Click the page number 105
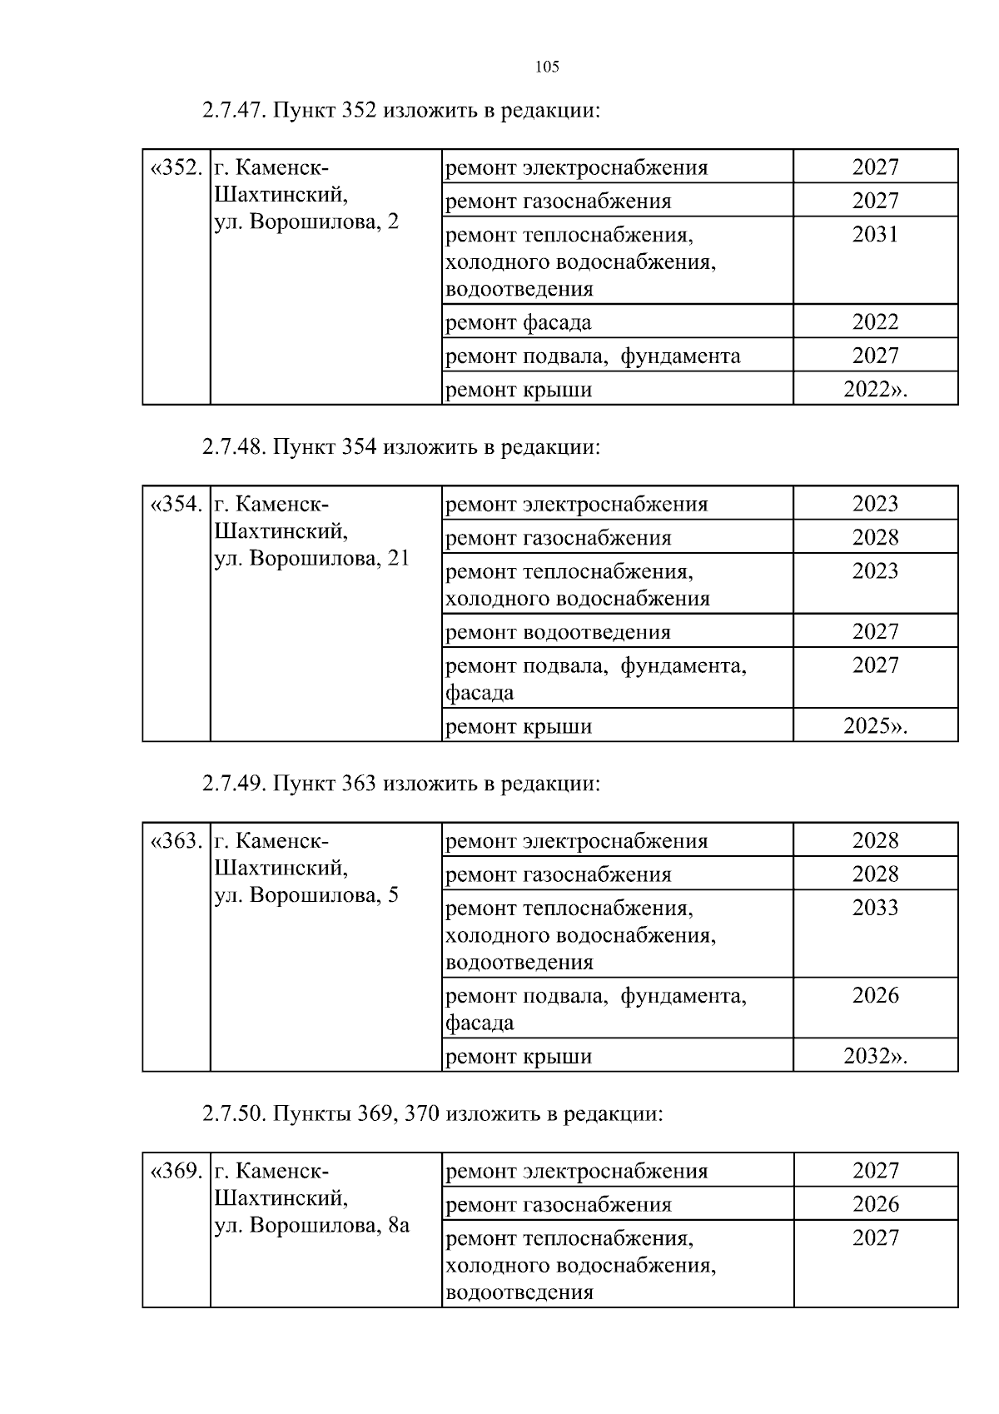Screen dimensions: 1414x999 point(547,67)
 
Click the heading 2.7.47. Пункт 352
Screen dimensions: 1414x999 point(400,111)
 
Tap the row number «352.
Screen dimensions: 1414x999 point(176,167)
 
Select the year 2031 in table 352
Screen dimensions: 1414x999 point(875,235)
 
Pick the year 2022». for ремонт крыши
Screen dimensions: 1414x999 point(875,390)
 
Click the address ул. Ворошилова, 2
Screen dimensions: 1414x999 point(306,222)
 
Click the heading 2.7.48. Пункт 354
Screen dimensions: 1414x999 point(400,447)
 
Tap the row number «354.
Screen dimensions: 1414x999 point(176,504)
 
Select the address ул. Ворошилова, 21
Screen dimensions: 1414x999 point(312,558)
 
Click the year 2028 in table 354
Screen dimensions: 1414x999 point(875,537)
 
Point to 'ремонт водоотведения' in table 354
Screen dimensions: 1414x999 point(558,632)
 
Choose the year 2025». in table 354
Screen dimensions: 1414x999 point(875,726)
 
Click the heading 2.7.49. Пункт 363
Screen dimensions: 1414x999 point(400,784)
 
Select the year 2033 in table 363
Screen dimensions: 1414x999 point(875,908)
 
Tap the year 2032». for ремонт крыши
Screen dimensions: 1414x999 point(875,1057)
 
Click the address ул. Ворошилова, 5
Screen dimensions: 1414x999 point(306,895)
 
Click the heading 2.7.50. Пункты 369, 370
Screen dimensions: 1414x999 point(432,1113)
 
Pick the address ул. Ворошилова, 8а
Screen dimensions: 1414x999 point(312,1226)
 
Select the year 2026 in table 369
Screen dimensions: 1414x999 point(875,1204)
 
